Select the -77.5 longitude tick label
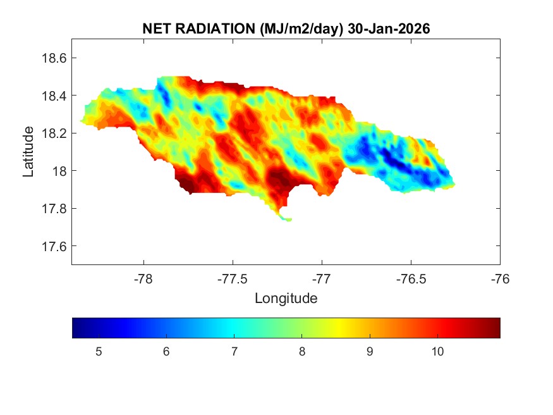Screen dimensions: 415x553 click(233, 278)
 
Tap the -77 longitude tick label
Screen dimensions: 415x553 click(322, 278)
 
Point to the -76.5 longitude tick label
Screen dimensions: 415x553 click(411, 278)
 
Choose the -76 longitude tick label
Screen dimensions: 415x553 click(500, 278)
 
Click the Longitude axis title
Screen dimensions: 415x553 click(286, 298)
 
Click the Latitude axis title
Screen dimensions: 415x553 click(28, 152)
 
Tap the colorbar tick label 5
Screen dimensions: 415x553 click(99, 352)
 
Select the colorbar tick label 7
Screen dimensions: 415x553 click(234, 352)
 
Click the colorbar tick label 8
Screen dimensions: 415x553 click(301, 352)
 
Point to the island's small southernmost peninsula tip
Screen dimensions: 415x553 click(288, 220)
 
